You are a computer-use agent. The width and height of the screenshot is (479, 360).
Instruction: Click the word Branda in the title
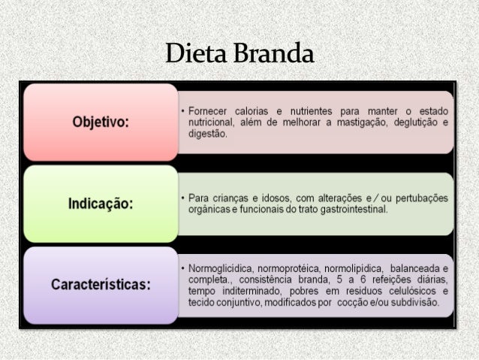pyautogui.click(x=273, y=54)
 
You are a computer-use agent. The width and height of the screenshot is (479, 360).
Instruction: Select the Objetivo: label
pyautogui.click(x=101, y=123)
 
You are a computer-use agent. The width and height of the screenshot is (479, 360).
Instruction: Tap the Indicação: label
pyautogui.click(x=101, y=204)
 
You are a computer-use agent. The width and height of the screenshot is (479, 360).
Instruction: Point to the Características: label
pyautogui.click(x=101, y=285)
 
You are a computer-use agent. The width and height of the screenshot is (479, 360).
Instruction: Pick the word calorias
pyautogui.click(x=258, y=111)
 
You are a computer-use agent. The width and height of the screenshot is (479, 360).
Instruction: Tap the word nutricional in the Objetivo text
pyautogui.click(x=211, y=122)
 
